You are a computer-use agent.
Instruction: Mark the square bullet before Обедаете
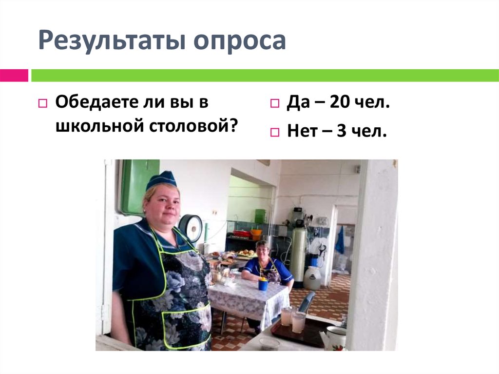coord(42,104)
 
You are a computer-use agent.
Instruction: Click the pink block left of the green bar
coord(14,76)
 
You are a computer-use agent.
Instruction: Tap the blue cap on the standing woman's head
coord(161,179)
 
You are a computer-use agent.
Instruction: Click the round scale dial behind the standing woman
coord(191,227)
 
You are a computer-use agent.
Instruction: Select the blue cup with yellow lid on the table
coord(263,283)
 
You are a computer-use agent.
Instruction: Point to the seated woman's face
coord(262,252)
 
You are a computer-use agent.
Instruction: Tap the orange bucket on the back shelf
coord(256,233)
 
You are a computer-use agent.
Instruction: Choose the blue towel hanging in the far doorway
coord(340,241)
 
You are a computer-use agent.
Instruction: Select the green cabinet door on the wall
coord(139,185)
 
